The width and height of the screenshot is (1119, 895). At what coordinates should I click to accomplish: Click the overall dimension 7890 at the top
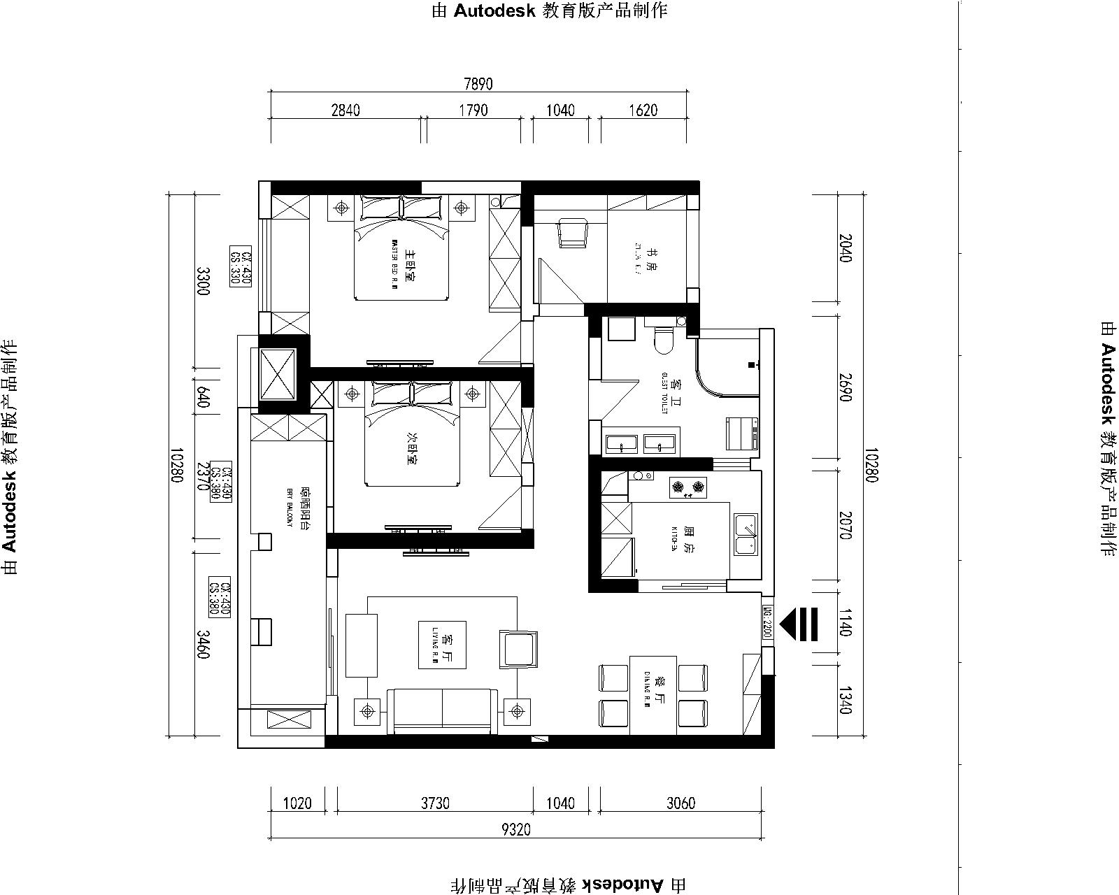[478, 84]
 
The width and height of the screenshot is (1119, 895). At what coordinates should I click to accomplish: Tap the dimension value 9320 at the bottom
[516, 830]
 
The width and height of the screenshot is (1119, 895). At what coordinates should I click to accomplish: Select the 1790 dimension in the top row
[473, 110]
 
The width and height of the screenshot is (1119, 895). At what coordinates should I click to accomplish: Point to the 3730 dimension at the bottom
[435, 803]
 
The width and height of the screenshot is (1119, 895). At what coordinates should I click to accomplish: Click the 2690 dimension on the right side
[844, 385]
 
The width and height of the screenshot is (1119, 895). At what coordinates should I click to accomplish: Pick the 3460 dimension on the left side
[203, 644]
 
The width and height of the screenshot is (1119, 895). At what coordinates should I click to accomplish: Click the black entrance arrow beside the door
[799, 624]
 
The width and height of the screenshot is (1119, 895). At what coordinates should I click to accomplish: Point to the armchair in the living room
[518, 648]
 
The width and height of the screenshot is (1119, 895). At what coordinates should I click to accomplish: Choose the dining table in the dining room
[653, 696]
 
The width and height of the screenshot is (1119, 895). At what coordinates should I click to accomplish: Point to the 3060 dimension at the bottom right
[680, 803]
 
